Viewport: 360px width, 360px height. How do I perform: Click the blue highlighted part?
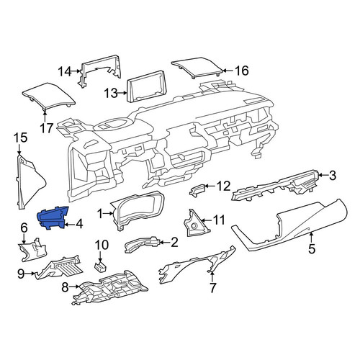coord(53,218)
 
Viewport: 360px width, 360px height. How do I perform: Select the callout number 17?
coord(46,128)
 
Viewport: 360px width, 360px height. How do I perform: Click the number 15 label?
coord(20,138)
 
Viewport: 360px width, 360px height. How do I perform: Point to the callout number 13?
coord(111,93)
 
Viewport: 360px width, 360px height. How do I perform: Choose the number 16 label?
coord(241,71)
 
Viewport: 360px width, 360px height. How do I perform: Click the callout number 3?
coord(332,176)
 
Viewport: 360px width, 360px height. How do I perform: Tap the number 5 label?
coord(311,248)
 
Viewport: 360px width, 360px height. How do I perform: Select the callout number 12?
coord(223,186)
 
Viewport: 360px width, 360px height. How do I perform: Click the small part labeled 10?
coord(100,266)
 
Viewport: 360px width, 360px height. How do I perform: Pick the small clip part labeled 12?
coord(197,191)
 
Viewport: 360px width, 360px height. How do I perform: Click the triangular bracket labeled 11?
coord(196,223)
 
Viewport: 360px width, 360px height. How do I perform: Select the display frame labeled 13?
coord(147,87)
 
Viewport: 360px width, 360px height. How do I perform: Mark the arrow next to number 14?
coord(76,71)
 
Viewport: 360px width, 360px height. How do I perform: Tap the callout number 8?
coord(65,287)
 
